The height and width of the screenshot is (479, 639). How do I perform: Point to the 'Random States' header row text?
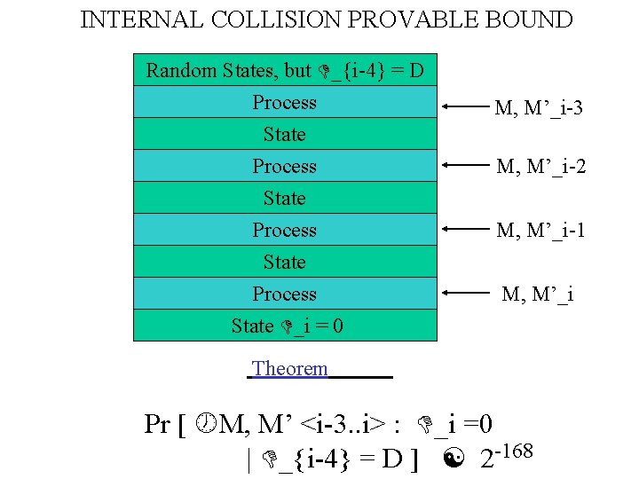[x=284, y=70]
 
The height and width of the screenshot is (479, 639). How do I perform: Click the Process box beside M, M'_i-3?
[x=284, y=103]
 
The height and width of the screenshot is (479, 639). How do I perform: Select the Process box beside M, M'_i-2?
[x=284, y=167]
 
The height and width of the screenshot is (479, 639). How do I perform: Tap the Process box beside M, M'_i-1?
[x=284, y=231]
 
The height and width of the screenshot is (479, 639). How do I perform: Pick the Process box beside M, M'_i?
[x=284, y=294]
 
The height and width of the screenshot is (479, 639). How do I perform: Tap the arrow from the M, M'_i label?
[x=465, y=292]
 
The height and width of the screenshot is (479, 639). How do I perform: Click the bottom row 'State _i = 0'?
[x=286, y=326]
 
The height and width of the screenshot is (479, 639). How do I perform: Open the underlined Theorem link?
[x=289, y=368]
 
